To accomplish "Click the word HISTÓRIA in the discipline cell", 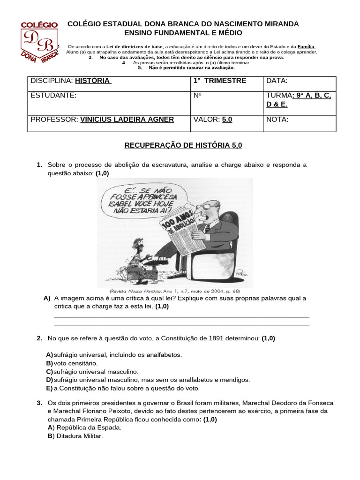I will pos(93,81).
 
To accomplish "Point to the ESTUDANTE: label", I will pos(53,95).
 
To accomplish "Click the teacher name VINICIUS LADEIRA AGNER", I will pos(127,120).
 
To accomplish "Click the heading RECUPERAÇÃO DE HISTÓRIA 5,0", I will pos(183,146).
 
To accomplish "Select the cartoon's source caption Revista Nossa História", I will pos(174,291).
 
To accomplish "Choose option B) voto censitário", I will pos(75,363).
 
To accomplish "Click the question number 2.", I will pos(39,338).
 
